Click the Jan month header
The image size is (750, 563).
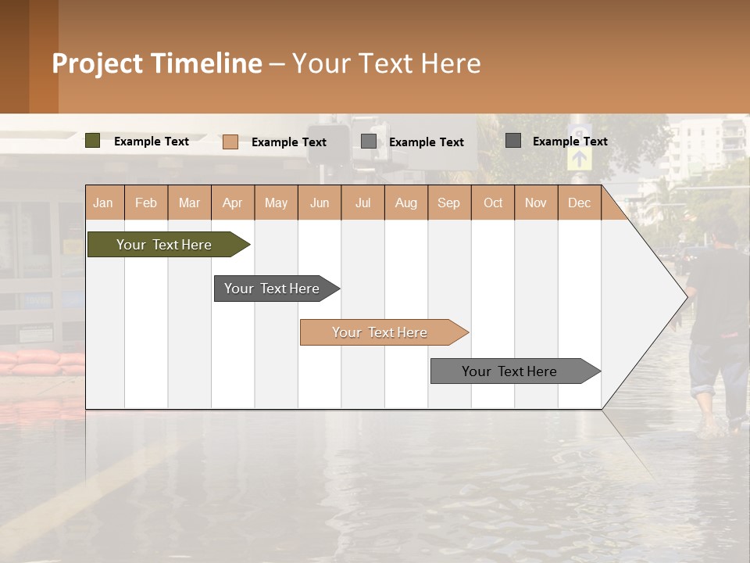[104, 203]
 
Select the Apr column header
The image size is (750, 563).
[233, 203]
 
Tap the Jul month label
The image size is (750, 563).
[362, 203]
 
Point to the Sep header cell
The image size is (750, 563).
[448, 203]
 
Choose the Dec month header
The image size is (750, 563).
[579, 203]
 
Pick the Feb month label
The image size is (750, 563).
[146, 203]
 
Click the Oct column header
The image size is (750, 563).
[493, 203]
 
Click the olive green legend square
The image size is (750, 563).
[93, 141]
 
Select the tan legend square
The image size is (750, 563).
[230, 142]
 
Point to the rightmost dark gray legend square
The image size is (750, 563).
[513, 141]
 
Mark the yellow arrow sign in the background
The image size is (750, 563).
[579, 157]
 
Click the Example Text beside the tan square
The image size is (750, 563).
[289, 142]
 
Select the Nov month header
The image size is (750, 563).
[536, 203]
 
